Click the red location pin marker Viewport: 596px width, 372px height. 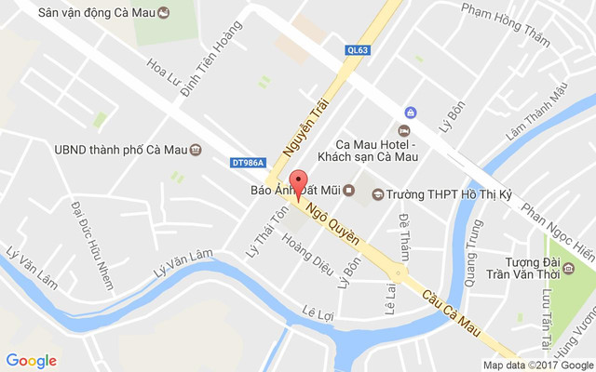[298, 182]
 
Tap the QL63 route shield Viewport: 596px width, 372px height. [357, 52]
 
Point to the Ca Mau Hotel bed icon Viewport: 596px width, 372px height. [406, 129]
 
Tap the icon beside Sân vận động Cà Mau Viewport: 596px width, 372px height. [164, 13]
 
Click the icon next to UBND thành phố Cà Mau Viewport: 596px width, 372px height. [196, 149]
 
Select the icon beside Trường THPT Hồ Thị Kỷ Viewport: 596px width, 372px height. [378, 193]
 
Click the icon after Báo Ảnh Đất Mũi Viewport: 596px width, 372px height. [349, 192]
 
